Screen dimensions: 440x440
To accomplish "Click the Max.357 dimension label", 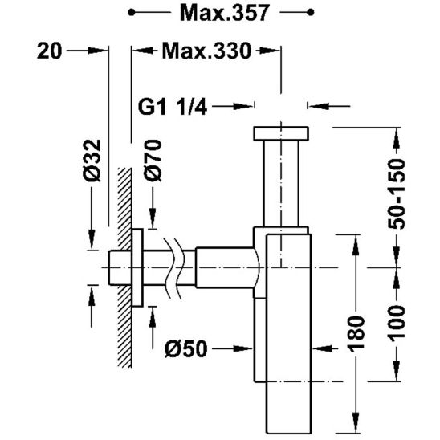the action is point(225,13).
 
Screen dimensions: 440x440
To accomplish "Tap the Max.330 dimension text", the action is point(206,51).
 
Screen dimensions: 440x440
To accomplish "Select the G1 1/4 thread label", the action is point(173,107).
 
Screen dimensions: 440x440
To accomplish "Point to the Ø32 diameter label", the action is point(92,161).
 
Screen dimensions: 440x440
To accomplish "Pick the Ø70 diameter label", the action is point(153,161).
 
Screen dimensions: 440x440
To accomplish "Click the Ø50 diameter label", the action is point(185,349).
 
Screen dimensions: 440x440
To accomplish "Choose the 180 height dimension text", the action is point(356,334).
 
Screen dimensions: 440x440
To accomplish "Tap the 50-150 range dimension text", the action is point(396,194).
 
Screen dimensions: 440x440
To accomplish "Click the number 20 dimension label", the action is point(49,51).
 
